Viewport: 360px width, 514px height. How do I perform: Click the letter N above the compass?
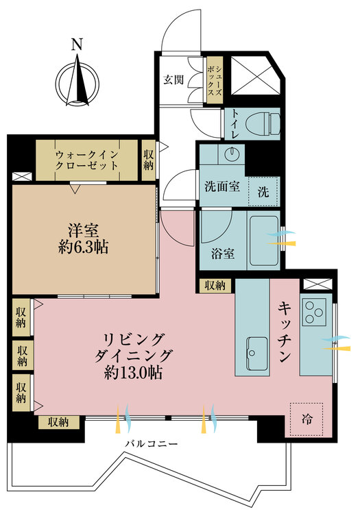point(77,45)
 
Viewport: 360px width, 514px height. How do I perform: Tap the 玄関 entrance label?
point(173,79)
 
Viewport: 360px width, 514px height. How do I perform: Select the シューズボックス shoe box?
point(215,80)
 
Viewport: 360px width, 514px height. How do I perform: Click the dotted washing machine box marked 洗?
point(263,192)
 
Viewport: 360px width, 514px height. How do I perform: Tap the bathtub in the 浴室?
point(264,241)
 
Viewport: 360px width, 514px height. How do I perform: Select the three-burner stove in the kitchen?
point(314,312)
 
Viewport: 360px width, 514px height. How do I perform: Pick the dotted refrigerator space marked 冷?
point(307,419)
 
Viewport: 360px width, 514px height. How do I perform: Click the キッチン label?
point(285,332)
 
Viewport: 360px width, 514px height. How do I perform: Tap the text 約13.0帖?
point(133,372)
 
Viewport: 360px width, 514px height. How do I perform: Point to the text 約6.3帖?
point(83,247)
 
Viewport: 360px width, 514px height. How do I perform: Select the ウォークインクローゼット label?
point(86,160)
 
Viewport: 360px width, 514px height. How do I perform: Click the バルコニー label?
point(152,444)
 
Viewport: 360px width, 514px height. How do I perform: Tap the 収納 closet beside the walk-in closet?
point(149,160)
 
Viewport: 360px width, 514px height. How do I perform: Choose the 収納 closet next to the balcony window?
point(59,422)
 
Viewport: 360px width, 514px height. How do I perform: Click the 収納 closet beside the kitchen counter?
point(215,286)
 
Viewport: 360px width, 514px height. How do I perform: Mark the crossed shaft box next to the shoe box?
point(255,75)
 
